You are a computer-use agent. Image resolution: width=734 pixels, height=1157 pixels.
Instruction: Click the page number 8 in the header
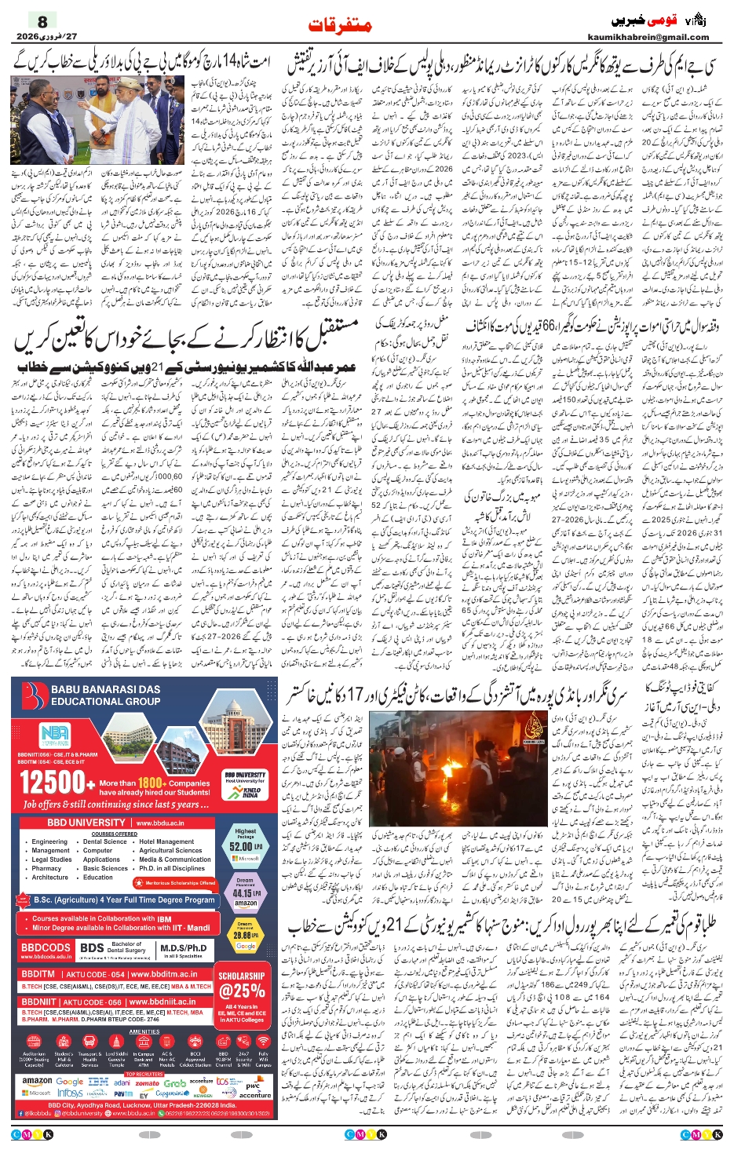(x=42, y=22)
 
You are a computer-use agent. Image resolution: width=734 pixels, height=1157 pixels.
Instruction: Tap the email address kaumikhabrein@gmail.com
(x=648, y=37)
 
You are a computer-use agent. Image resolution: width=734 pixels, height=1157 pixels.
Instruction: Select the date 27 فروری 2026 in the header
(x=48, y=37)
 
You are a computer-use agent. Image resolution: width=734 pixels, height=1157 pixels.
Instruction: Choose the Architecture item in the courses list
(x=50, y=877)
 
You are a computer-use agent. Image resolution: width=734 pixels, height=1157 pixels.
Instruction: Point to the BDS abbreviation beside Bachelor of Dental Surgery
(x=92, y=948)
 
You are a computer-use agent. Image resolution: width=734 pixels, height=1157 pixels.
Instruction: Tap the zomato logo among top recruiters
(x=147, y=1082)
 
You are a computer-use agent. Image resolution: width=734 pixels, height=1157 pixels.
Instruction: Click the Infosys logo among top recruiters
(x=70, y=1093)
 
